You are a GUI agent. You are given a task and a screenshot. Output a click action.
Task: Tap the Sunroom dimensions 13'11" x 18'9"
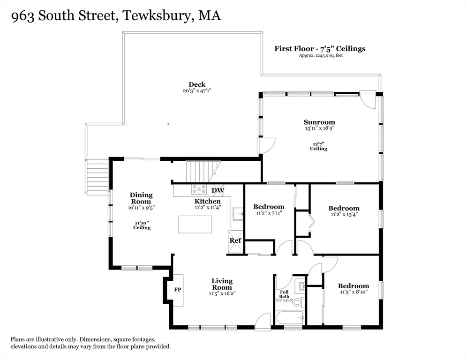coord(319,127)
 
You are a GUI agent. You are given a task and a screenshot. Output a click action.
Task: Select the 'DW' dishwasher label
coord(218,190)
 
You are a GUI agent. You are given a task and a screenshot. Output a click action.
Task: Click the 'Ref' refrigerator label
coord(235,241)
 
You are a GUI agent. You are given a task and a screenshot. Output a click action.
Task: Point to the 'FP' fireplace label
coord(178,290)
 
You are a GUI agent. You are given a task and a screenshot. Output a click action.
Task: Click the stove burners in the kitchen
coord(199,190)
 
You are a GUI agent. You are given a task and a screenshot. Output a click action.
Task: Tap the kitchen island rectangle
coord(195,224)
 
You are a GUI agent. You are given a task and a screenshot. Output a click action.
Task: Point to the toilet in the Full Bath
coord(297,301)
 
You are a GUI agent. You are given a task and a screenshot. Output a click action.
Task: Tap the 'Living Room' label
coord(222,284)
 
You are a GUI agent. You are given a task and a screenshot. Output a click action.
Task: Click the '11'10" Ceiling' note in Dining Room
coord(142,225)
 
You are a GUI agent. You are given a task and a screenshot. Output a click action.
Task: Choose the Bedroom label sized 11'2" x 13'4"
coord(344,209)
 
